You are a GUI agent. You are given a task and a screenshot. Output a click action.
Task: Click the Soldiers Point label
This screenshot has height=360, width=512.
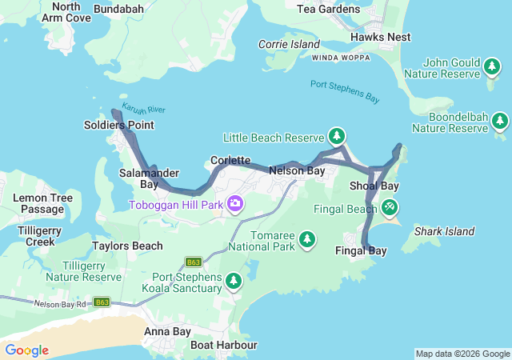coord(118,126)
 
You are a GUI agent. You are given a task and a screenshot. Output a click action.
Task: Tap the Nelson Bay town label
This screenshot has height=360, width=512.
coord(297,171)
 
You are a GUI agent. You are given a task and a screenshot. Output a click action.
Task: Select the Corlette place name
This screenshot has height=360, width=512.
coord(230,161)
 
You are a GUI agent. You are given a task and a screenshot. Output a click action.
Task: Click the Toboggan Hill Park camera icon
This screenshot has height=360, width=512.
coord(235,204)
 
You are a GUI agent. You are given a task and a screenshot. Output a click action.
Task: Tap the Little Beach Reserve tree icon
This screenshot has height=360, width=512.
coord(338,136)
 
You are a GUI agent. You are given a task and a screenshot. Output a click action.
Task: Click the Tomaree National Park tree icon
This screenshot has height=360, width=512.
coord(306,239)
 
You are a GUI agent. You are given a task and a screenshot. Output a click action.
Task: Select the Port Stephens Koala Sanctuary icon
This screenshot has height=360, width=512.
coord(234,281)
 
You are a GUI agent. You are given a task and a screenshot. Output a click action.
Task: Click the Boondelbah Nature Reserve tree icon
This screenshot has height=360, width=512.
coord(500,121)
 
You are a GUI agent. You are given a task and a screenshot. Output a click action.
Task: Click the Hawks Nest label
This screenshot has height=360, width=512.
coord(380,37)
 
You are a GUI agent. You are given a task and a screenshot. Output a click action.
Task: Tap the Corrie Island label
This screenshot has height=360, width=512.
coord(289,45)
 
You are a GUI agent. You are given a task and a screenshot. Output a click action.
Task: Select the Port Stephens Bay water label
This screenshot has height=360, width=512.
coord(345,91)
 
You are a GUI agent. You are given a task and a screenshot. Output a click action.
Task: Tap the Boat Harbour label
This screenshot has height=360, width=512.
coord(223,345)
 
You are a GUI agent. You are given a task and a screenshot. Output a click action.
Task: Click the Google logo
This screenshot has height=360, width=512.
coord(26,350)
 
